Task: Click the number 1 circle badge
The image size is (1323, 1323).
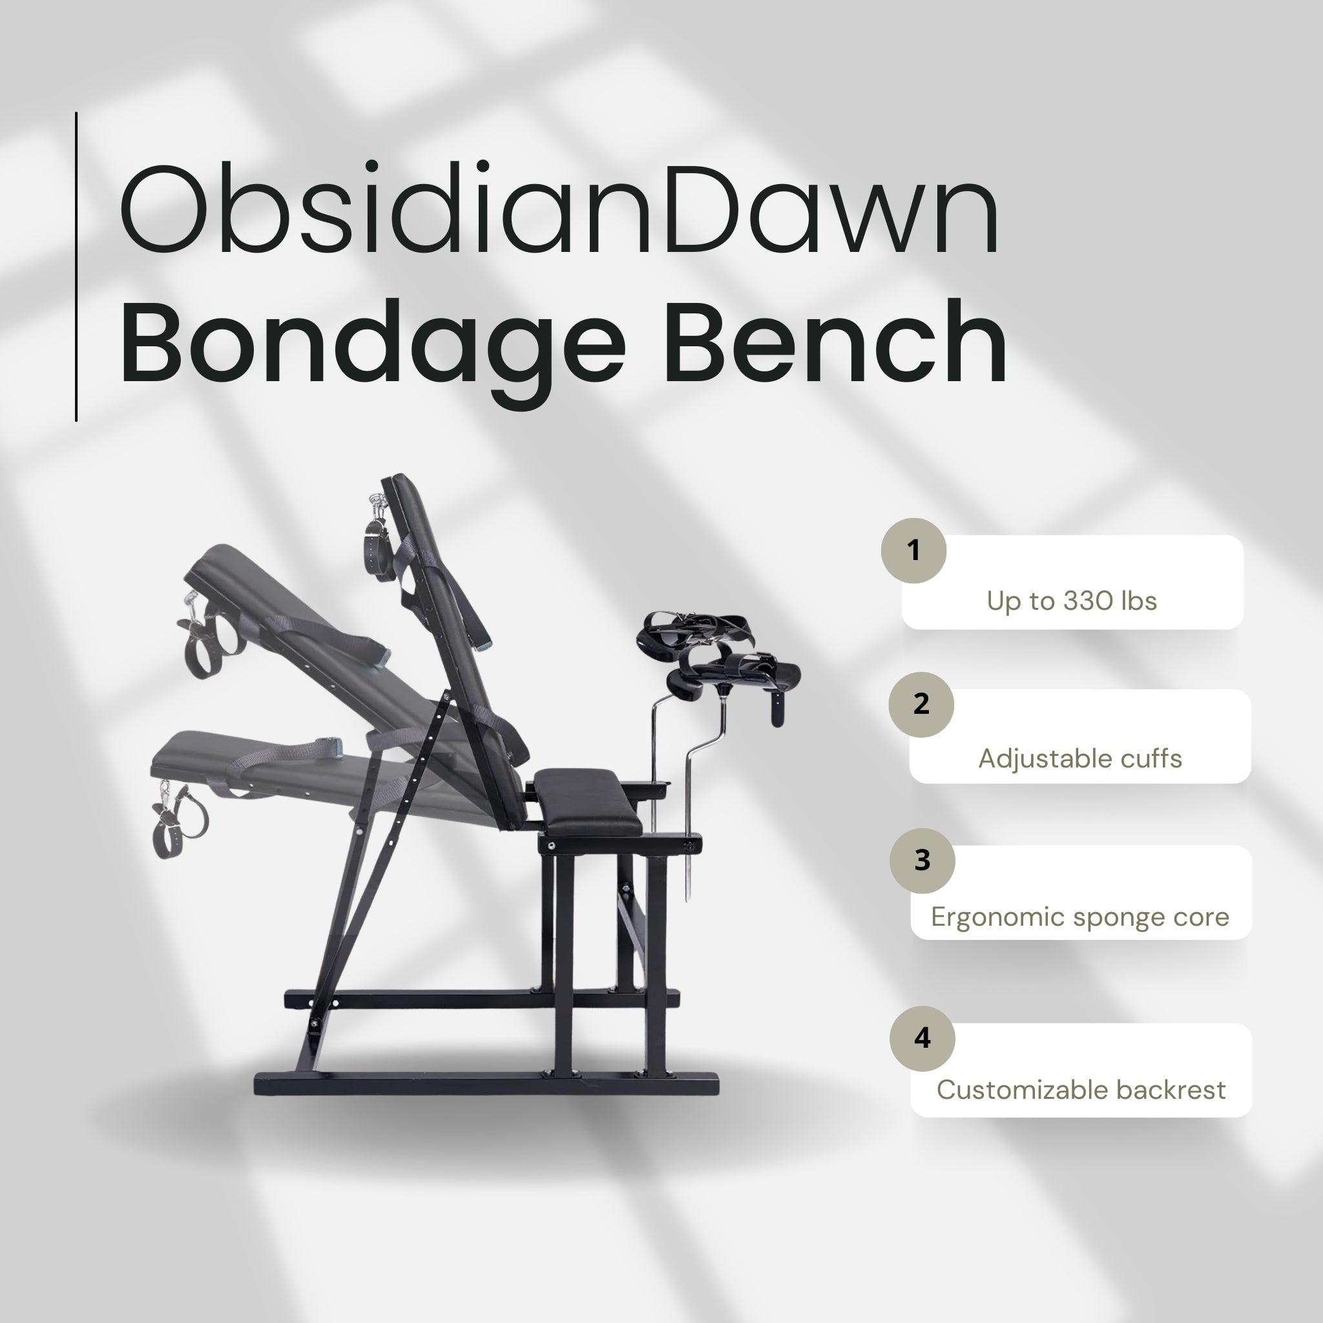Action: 913,550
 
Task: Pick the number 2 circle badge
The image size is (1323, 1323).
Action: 921,705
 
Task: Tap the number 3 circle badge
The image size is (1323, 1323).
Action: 922,860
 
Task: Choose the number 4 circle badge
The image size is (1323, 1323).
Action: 922,1038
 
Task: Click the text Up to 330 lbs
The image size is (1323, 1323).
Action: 1071,601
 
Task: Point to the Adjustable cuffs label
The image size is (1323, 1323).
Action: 1079,759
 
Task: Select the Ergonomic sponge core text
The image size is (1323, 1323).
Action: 1080,917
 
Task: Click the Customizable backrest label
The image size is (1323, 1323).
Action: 1081,1090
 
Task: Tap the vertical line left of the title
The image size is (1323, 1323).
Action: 76,266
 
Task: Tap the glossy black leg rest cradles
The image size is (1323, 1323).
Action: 719,658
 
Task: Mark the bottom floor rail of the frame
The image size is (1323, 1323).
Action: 486,1085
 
